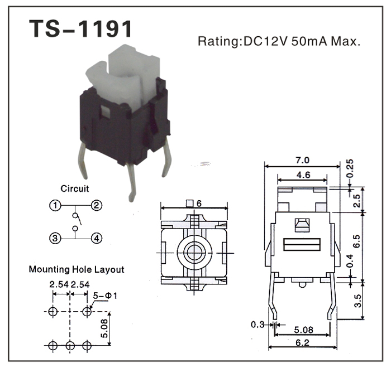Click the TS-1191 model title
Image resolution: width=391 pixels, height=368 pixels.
81,30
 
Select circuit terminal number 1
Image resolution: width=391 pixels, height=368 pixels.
54,206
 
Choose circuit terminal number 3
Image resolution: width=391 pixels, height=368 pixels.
54,239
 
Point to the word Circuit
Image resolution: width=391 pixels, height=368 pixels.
75,189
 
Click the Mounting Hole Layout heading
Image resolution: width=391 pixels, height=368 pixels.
76,270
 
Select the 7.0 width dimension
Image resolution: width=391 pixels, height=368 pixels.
303,161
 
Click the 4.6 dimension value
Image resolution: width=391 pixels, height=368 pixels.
303,175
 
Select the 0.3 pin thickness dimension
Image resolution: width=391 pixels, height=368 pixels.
258,324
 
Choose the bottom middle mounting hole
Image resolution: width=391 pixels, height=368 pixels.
69,346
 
